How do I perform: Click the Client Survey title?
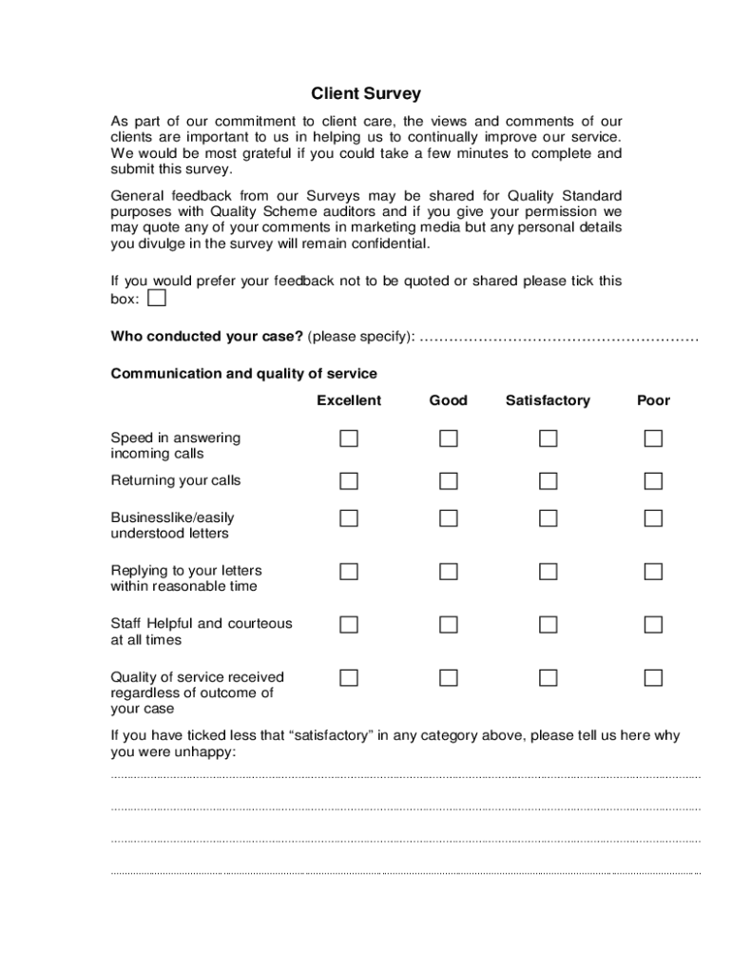pyautogui.click(x=366, y=94)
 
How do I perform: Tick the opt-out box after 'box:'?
pyautogui.click(x=157, y=299)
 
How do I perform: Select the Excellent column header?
pyautogui.click(x=349, y=400)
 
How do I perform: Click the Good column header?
pyautogui.click(x=448, y=400)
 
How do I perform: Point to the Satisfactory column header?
pyautogui.click(x=548, y=400)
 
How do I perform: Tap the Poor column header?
pyautogui.click(x=653, y=400)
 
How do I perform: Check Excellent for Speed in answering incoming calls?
pyautogui.click(x=349, y=438)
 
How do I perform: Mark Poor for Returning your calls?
pyautogui.click(x=653, y=480)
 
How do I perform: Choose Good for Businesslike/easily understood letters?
pyautogui.click(x=448, y=518)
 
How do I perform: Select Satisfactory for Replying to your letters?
pyautogui.click(x=548, y=572)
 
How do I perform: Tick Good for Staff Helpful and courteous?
pyautogui.click(x=448, y=625)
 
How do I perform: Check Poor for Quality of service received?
pyautogui.click(x=653, y=678)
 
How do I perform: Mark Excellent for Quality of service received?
pyautogui.click(x=349, y=678)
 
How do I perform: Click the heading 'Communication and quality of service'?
pyautogui.click(x=244, y=373)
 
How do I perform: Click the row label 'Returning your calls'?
pyautogui.click(x=176, y=480)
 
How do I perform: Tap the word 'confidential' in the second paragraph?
pyautogui.click(x=387, y=243)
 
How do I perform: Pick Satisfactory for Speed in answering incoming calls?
pyautogui.click(x=548, y=438)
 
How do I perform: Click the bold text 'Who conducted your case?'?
pyautogui.click(x=207, y=337)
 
